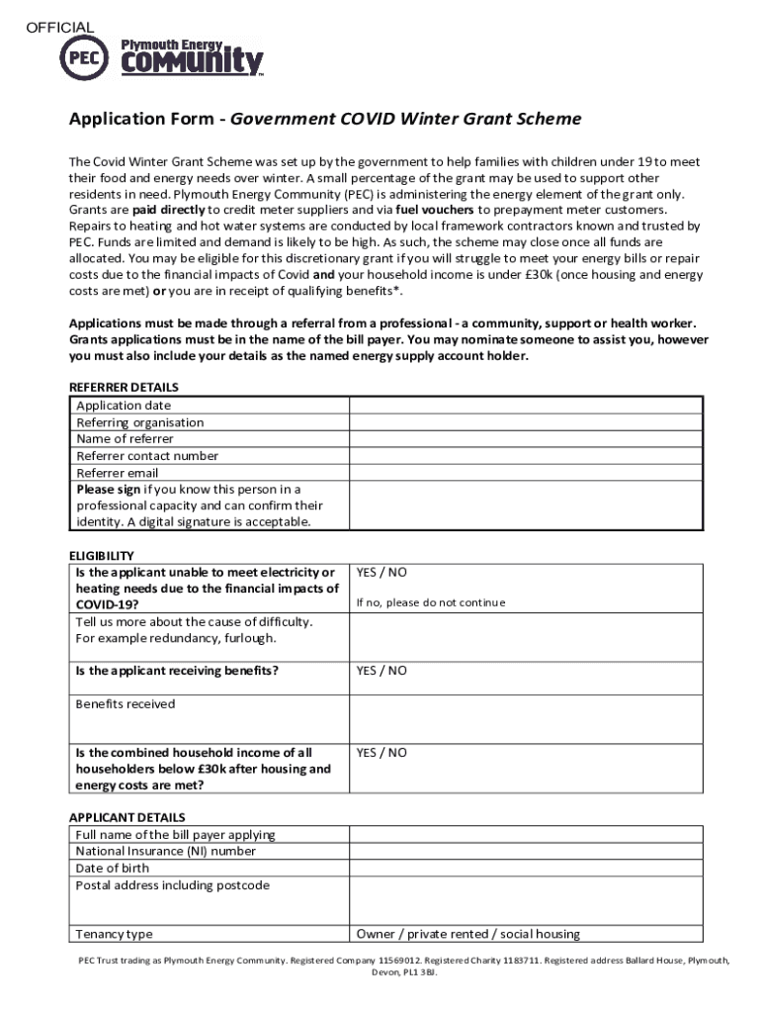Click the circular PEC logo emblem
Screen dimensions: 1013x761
coord(84,56)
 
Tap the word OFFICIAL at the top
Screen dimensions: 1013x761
coord(59,28)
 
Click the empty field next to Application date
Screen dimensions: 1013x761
coord(525,406)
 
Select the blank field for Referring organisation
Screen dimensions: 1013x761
coord(525,422)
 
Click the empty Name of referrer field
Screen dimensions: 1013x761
coord(525,439)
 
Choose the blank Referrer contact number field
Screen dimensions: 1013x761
coord(525,456)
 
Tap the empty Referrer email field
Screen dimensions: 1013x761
coord(525,473)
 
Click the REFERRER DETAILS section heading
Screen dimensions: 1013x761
coord(123,388)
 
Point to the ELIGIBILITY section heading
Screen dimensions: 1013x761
coord(101,556)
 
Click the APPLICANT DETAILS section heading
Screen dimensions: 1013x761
coord(127,818)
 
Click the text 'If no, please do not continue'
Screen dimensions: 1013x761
coord(430,602)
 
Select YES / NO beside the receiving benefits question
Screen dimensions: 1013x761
coord(381,671)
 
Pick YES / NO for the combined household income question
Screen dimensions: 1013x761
coord(381,753)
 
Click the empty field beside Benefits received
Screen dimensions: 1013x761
coord(525,717)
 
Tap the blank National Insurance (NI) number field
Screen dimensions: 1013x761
coord(525,852)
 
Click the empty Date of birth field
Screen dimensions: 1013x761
coord(525,869)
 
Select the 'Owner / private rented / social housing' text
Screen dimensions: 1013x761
coord(467,934)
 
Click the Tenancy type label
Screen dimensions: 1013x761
coord(115,934)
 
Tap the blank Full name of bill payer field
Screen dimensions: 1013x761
coord(525,835)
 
